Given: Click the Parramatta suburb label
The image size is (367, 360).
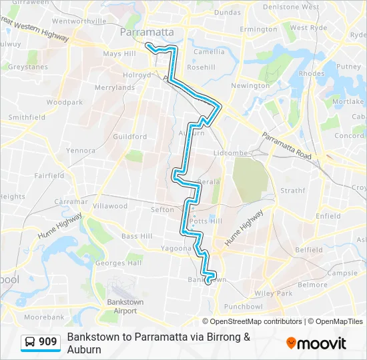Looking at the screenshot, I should (x=147, y=31).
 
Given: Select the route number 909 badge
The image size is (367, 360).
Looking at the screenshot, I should (x=41, y=342).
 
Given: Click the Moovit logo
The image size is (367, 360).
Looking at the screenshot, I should (x=316, y=343).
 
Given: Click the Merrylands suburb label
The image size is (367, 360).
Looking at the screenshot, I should (x=115, y=87).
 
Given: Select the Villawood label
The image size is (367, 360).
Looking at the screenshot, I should (x=110, y=206).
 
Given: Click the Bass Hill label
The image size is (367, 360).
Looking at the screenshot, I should (x=137, y=236).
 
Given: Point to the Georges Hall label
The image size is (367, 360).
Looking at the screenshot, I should (x=119, y=263).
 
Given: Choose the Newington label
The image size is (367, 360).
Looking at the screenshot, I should (x=250, y=85).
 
